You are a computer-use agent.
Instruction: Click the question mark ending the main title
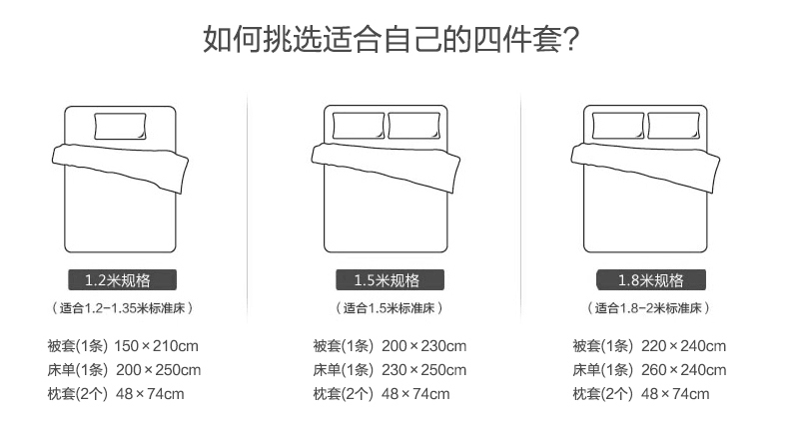pos(570,39)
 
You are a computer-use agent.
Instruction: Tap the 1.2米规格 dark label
pos(122,279)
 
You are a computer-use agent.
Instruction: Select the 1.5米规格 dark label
pos(390,279)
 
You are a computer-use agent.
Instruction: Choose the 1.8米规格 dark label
pos(651,279)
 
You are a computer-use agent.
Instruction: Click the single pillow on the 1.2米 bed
pos(120,126)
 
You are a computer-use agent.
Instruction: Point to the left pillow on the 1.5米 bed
pos(359,126)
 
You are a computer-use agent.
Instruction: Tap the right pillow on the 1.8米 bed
pos(674,126)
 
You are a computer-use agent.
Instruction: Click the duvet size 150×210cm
pos(157,346)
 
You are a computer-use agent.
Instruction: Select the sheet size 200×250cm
pos(159,370)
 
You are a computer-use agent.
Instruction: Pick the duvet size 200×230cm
pos(424,346)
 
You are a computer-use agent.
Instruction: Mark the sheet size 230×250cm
pos(424,370)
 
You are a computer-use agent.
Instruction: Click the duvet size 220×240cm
pos(684,346)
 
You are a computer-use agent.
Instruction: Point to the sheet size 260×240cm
pos(684,370)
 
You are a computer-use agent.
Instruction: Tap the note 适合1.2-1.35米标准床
pos(122,308)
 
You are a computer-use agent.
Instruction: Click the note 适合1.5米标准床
pos(389,308)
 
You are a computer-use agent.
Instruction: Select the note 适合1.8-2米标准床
pos(648,308)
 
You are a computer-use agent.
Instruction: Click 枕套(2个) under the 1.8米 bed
pos(603,394)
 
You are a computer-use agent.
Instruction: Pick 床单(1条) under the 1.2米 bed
pos(78,370)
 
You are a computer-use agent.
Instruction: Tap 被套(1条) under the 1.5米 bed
pos(344,346)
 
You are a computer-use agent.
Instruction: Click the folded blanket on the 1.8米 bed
pos(645,167)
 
